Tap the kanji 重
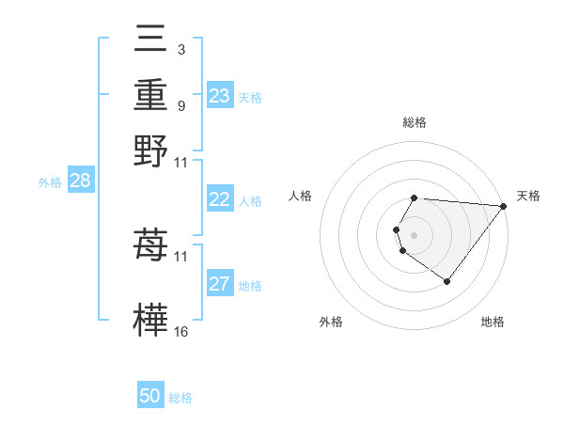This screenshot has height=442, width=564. point(151,96)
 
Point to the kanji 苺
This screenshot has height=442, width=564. point(151,245)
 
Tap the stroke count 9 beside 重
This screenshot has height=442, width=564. point(180,106)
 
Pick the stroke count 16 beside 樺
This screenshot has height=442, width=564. point(181,332)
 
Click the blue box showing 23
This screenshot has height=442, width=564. point(219,96)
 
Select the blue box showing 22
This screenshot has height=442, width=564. point(219,199)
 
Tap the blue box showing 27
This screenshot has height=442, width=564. point(219,284)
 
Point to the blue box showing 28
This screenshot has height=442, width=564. point(80,182)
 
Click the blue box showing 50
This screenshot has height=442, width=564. point(150,396)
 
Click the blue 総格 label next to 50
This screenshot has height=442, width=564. point(180,398)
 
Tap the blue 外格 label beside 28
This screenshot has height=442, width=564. point(49,183)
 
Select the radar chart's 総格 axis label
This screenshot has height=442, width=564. point(415,122)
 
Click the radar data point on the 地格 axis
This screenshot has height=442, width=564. point(446,281)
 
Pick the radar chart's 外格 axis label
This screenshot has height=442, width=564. point(331,322)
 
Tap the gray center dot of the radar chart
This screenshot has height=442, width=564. point(415,234)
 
